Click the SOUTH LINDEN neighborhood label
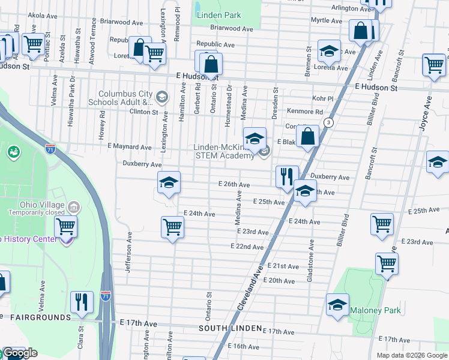point(231,329)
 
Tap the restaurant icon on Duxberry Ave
point(287,176)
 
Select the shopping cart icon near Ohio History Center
point(65,227)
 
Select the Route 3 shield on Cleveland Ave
point(328,122)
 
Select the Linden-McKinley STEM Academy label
point(223,152)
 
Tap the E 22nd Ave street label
point(247,247)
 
